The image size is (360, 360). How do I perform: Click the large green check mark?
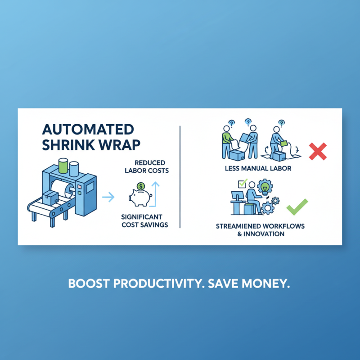click(297, 207)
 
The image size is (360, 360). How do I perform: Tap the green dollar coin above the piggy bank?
click(141, 185)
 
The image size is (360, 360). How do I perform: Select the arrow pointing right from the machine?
click(108, 196)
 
